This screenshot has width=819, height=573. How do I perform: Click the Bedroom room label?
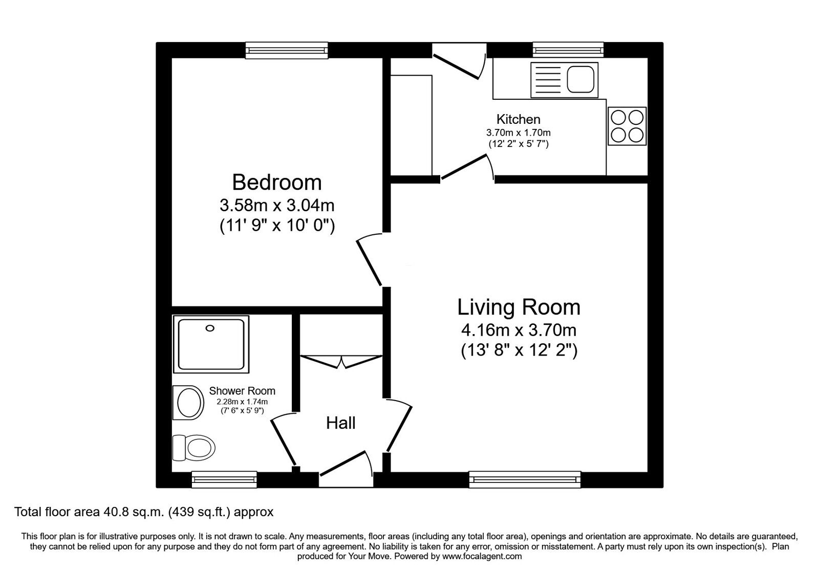pos(277,182)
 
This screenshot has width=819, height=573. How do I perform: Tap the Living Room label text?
pos(519,307)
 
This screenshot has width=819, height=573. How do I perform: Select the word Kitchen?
pos(518,119)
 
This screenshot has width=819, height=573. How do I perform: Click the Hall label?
pos(340,423)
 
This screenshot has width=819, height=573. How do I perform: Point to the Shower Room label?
pos(242,391)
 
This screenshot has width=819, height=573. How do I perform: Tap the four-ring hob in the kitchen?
pos(627,126)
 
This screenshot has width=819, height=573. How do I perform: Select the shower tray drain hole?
pos(210,328)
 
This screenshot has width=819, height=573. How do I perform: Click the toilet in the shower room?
pos(193,448)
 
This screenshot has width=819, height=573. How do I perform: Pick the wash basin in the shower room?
pos(188,402)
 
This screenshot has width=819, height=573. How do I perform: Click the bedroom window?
pos(287,51)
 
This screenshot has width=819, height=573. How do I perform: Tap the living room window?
pos(525,479)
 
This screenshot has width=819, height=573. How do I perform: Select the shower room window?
pos(224,479)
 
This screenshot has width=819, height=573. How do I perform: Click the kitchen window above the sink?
pos(568,50)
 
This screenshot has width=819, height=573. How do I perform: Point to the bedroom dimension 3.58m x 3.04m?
pos(277,205)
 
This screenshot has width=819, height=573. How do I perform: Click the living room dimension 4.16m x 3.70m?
pos(519,330)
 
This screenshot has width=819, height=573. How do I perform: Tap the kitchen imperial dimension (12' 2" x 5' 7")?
pos(519,144)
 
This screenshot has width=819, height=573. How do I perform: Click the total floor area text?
pos(144,512)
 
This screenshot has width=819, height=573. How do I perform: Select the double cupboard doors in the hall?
pos(341,361)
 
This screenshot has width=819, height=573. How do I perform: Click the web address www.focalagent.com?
pos(482,557)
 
